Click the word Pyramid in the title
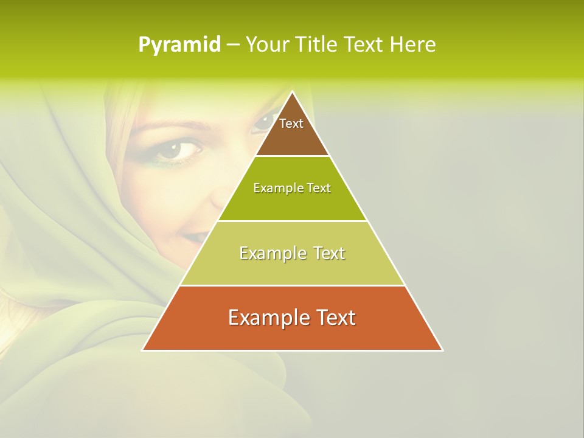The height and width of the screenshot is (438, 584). (179, 45)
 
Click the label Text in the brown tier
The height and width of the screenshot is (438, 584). (291, 123)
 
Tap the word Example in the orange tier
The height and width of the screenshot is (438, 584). (266, 318)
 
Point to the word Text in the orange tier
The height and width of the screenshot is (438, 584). (333, 318)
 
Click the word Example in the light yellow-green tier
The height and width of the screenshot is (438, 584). (271, 253)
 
